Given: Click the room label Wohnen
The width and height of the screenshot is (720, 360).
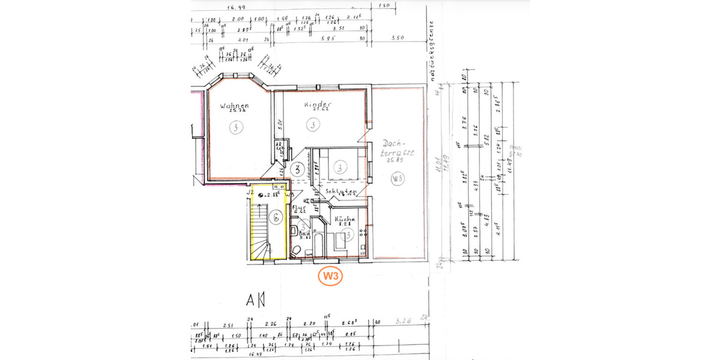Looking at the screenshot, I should point(234,109).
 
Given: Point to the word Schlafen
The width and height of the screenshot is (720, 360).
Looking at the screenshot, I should point(341,192).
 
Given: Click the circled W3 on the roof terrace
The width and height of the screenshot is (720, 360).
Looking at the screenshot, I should point(397,178).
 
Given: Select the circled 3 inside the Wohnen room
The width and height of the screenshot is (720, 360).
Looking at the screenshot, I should point(236,127).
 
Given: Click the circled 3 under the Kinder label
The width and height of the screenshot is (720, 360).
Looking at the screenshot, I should point(312,125).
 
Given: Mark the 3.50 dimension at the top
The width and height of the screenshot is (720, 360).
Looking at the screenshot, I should point(397,38).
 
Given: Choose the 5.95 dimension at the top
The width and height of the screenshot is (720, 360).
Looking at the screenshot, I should point(326,38).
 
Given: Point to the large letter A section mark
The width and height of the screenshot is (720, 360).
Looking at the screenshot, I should point(252,299).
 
